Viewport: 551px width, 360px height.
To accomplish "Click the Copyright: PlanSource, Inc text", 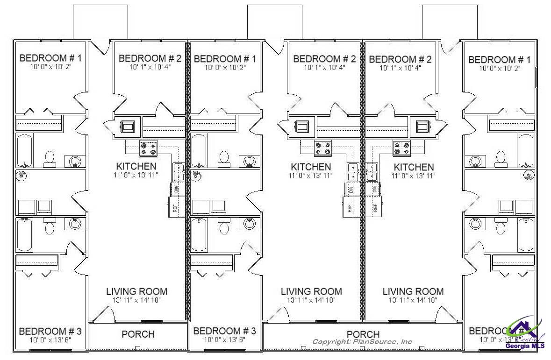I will click(362, 342).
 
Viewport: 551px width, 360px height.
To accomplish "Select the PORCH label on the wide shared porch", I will click(363, 334).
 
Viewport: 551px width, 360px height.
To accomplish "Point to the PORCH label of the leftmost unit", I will click(138, 334).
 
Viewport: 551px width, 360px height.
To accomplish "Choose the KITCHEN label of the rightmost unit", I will click(414, 167).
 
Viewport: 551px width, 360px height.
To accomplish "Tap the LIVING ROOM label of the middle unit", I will click(311, 291).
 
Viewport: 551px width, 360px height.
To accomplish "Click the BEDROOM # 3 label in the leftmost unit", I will click(50, 331).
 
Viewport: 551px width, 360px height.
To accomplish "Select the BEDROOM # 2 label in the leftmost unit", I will click(150, 58).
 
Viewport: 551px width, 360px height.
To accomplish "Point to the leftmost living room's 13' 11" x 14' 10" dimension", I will click(136, 300).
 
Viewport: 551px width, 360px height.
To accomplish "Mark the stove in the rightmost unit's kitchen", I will click(401, 148).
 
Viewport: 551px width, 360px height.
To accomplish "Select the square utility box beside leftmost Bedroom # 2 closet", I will click(128, 126).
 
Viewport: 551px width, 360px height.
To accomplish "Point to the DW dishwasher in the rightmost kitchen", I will click(375, 190).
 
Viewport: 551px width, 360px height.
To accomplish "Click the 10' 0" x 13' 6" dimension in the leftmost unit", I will click(50, 339).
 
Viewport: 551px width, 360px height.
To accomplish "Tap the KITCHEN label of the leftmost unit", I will click(136, 166).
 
